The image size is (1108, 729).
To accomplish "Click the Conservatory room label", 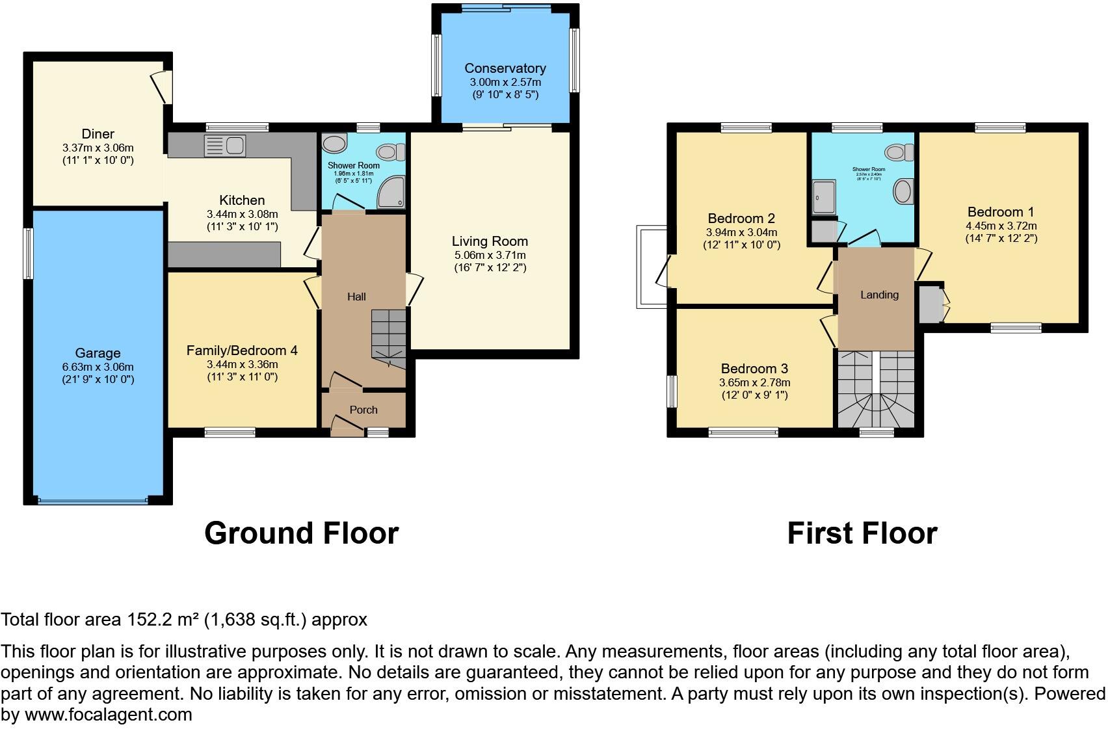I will point(505,68).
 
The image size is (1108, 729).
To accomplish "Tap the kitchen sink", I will point(225,146).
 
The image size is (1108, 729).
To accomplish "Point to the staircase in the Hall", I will point(388,334).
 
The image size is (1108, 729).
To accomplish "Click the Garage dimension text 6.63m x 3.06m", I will point(98,367).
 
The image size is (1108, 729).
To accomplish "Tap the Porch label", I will point(363,410).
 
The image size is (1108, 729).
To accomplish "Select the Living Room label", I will point(490,241).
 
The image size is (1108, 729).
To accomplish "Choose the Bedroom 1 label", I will point(1000,212).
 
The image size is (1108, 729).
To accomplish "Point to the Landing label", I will point(879,295).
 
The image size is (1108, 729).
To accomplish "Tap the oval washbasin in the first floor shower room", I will point(903,192).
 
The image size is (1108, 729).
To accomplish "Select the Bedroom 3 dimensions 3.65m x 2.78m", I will point(754,383).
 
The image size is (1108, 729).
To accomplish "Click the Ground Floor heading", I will point(301,533).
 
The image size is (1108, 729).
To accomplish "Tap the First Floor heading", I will point(862,533).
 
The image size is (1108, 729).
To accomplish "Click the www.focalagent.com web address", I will point(108,715).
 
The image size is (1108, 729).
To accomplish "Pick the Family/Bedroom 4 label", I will point(242,351).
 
